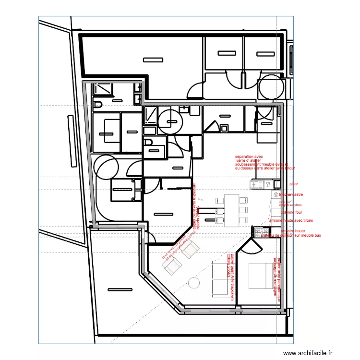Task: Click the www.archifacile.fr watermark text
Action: [307, 353]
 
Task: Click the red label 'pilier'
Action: [293, 184]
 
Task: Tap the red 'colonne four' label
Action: [291, 212]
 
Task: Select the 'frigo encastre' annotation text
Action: [291, 195]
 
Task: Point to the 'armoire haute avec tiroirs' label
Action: [291, 220]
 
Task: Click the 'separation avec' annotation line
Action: [249, 157]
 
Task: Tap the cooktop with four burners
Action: [264, 232]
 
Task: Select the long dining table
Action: [232, 210]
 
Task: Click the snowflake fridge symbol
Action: [276, 195]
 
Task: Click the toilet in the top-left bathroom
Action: [98, 105]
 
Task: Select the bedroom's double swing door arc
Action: [250, 246]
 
